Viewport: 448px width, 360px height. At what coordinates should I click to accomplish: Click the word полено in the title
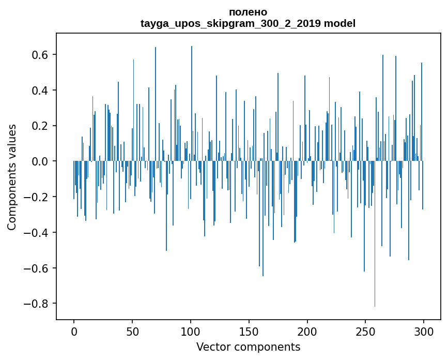click(248, 12)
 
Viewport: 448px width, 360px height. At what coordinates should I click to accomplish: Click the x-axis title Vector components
click(248, 347)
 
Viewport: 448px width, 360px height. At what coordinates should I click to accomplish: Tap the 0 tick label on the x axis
click(74, 331)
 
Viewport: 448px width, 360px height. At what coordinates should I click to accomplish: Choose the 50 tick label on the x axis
click(132, 331)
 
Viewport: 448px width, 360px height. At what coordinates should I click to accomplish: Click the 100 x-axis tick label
click(191, 331)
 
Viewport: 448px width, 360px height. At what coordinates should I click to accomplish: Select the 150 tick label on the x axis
click(249, 331)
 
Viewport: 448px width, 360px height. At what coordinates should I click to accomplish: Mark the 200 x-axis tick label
click(307, 331)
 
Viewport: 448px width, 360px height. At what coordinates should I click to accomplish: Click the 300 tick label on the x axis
click(424, 331)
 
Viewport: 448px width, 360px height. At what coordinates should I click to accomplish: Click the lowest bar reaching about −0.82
click(375, 259)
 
